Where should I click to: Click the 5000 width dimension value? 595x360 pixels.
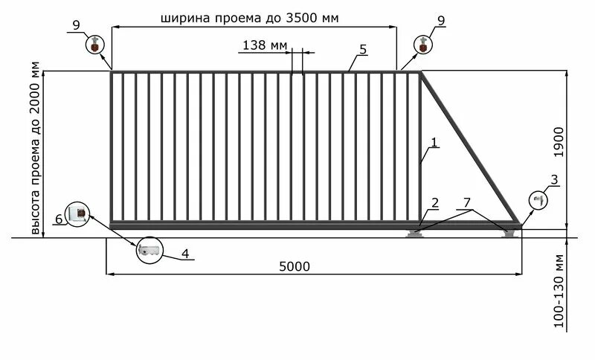(x=295, y=266)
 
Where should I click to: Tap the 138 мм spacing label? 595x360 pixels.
(x=265, y=45)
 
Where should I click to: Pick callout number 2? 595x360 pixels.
(x=434, y=203)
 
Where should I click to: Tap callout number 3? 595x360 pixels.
(x=554, y=179)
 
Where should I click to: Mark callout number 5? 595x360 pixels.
(x=362, y=49)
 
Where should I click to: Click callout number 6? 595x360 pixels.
(x=58, y=219)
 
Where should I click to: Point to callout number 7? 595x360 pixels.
(x=466, y=203)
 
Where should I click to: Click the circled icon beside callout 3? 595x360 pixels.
(x=538, y=200)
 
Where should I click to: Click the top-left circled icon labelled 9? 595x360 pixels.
(x=94, y=44)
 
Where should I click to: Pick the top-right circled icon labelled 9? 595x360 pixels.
(x=423, y=44)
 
